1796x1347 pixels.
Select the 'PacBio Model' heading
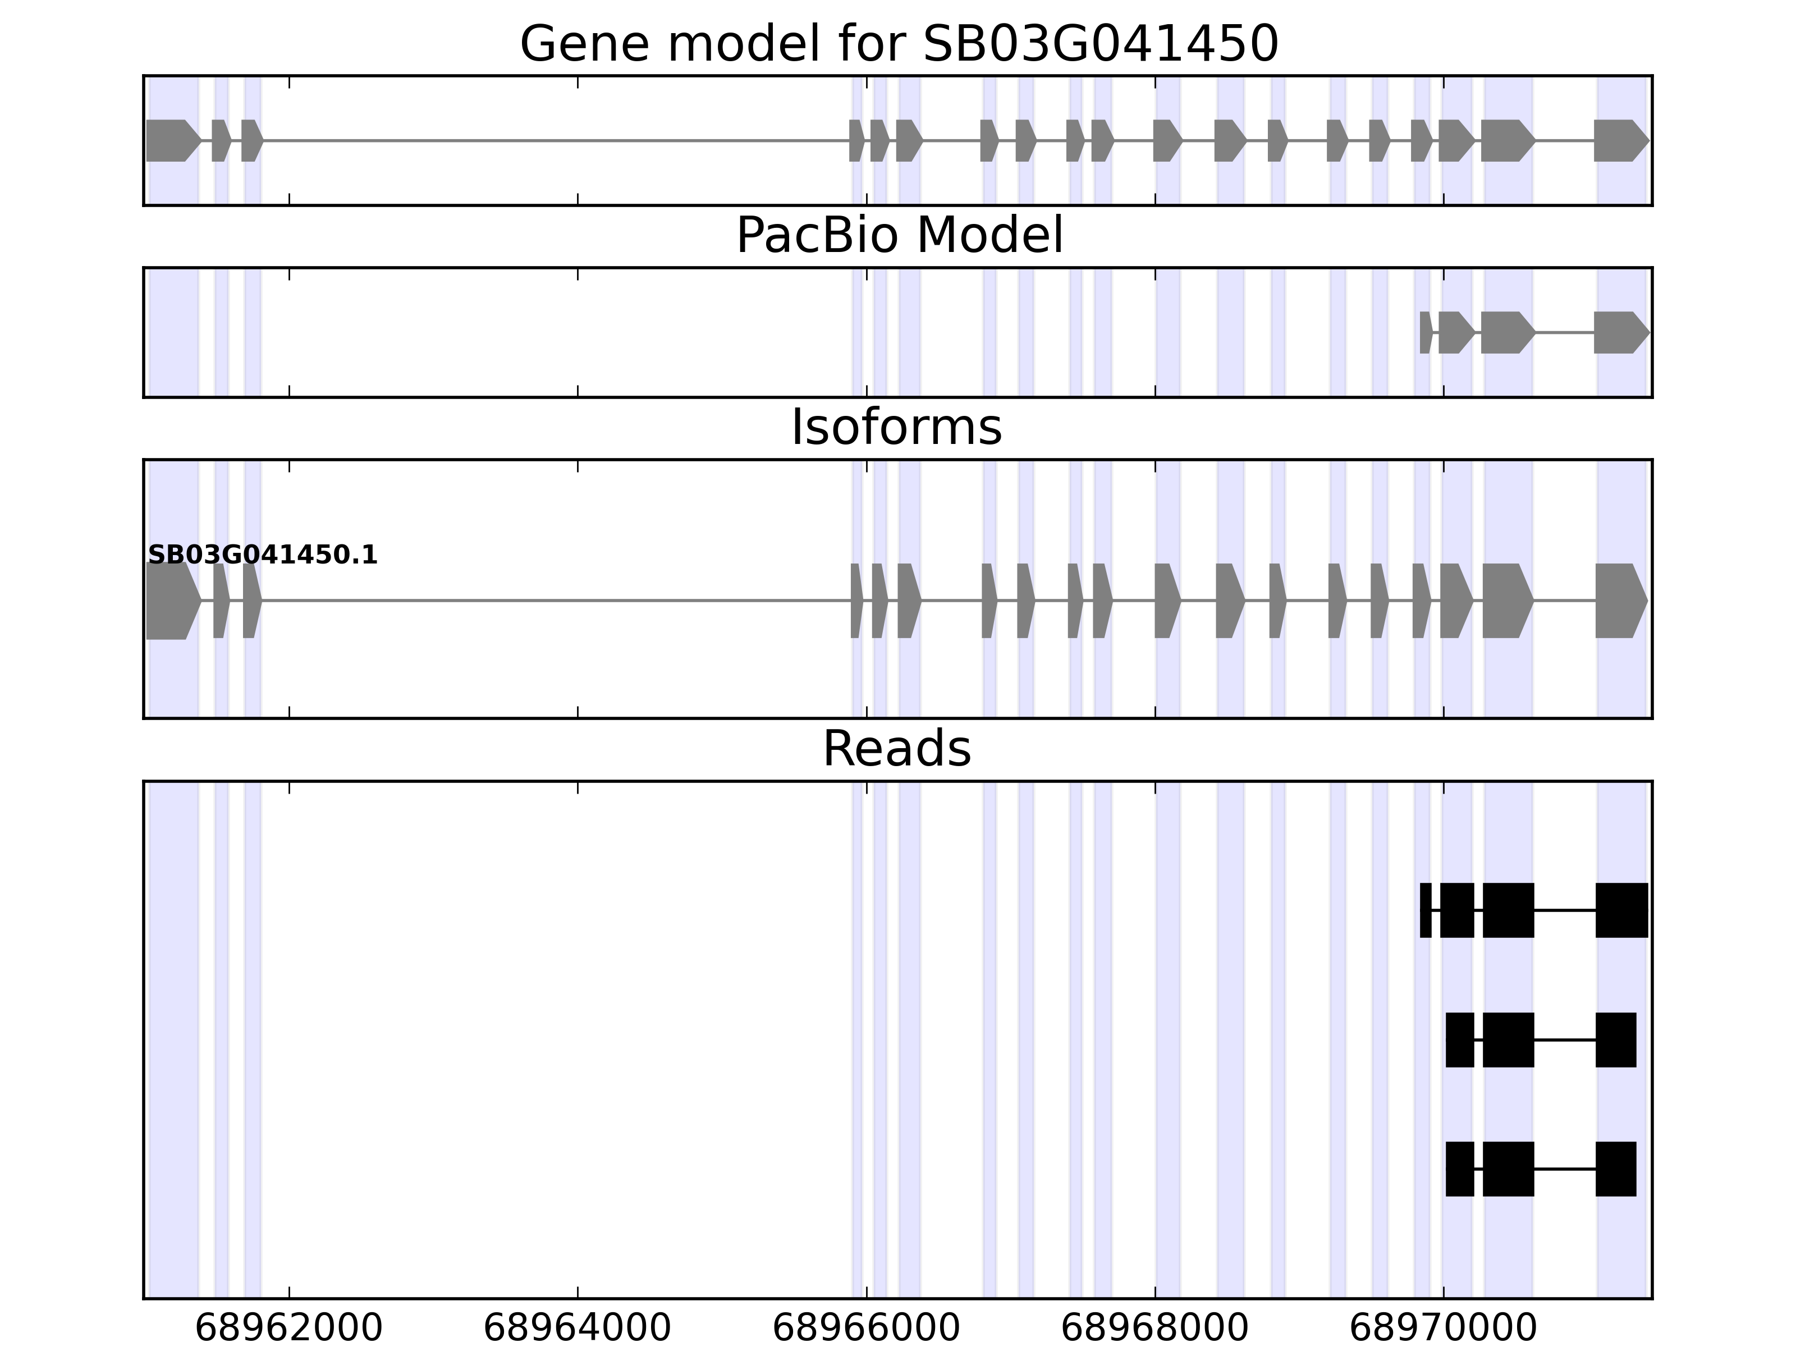click(x=899, y=236)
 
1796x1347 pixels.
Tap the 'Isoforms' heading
click(x=896, y=428)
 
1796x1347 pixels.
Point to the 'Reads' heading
click(x=896, y=749)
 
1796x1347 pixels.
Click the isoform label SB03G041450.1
click(x=262, y=556)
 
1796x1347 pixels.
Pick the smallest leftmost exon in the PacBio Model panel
click(x=1425, y=332)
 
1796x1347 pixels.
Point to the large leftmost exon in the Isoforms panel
click(x=171, y=601)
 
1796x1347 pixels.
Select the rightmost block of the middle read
click(x=1615, y=1040)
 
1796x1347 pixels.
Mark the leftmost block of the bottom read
click(x=1460, y=1169)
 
